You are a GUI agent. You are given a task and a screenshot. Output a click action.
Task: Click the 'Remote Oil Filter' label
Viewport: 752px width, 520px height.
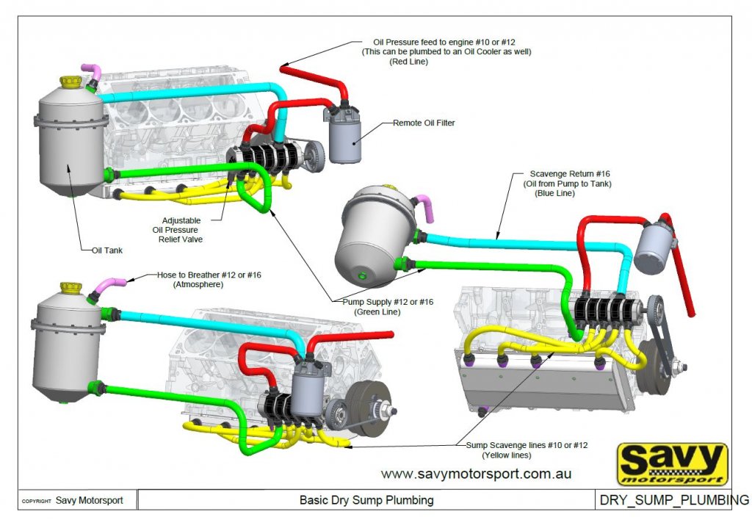(424, 123)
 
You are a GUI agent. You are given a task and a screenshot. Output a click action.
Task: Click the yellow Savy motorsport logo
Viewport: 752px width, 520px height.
(672, 464)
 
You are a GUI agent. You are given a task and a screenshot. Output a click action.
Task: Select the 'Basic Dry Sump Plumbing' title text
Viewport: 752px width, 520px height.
(366, 501)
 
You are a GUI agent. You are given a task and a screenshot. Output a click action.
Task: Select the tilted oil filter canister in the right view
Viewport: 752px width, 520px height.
(654, 247)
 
